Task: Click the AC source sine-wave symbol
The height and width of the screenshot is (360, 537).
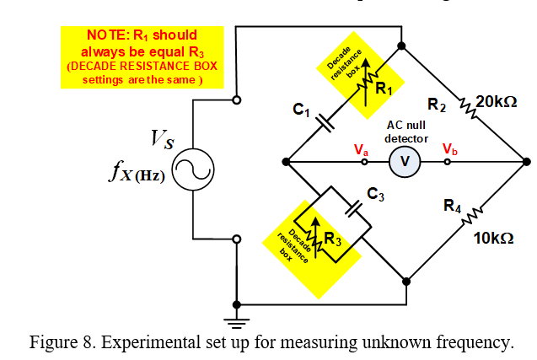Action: pyautogui.click(x=194, y=171)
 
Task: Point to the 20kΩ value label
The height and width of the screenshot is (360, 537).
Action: pyautogui.click(x=496, y=102)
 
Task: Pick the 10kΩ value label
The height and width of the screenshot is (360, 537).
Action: pyautogui.click(x=493, y=239)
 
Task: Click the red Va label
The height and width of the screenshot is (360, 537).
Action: pyautogui.click(x=362, y=149)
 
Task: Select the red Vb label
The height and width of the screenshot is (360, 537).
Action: pyautogui.click(x=451, y=149)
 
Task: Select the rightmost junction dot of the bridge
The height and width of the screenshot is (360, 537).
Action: pyautogui.click(x=525, y=160)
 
